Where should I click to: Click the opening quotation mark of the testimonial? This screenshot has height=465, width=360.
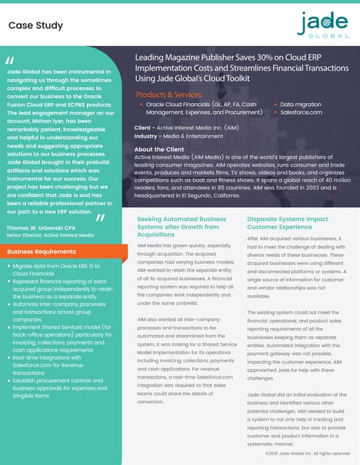click(9, 60)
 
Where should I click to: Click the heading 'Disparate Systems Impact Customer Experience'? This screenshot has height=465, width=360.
click(288, 222)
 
